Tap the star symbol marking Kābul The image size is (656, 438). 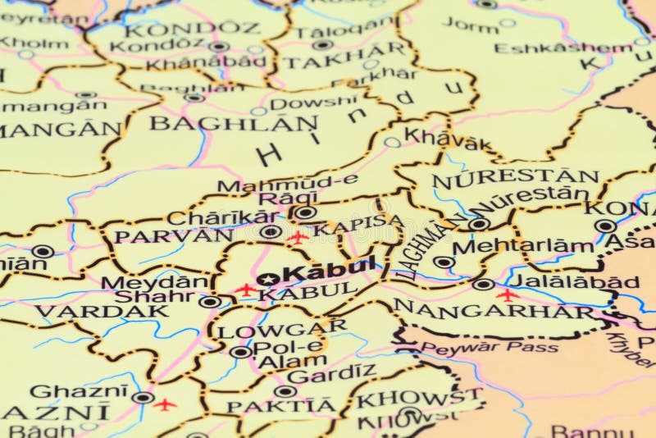265,279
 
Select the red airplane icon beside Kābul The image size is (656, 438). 245,290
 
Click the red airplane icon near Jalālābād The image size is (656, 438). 508,294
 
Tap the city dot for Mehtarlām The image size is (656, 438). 444,262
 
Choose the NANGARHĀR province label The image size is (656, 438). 494,311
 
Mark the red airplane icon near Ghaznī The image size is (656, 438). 165,404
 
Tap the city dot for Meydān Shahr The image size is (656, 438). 210,301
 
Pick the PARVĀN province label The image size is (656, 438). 173,236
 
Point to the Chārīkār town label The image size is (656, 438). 222,217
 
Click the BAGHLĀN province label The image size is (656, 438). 234,124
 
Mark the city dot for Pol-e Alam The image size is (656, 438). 240,352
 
